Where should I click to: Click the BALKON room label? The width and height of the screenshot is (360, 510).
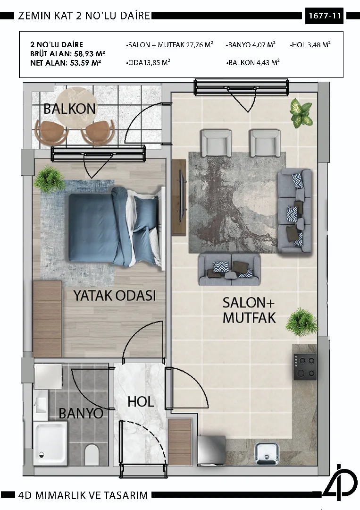point(69,109)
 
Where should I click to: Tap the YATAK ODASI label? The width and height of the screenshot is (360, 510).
point(115,296)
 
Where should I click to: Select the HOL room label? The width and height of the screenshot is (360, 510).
point(141,402)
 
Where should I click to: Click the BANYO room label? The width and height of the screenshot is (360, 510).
point(81,413)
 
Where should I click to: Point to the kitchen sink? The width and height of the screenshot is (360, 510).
point(267,454)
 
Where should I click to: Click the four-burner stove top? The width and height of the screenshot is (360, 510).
point(305,366)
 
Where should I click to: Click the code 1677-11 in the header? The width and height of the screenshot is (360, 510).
point(324,16)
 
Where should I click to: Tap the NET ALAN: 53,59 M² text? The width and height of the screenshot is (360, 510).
point(65,63)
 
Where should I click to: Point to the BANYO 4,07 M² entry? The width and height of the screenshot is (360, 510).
point(251,44)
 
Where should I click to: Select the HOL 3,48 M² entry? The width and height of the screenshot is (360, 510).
point(310,44)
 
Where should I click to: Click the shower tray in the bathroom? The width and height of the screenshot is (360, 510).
point(50,443)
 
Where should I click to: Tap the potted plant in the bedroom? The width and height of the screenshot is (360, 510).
point(50,178)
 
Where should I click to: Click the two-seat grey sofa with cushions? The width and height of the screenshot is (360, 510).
point(229,270)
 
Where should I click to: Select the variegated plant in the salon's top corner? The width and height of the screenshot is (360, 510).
point(301,113)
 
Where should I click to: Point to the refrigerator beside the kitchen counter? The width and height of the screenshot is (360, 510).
point(211,450)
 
